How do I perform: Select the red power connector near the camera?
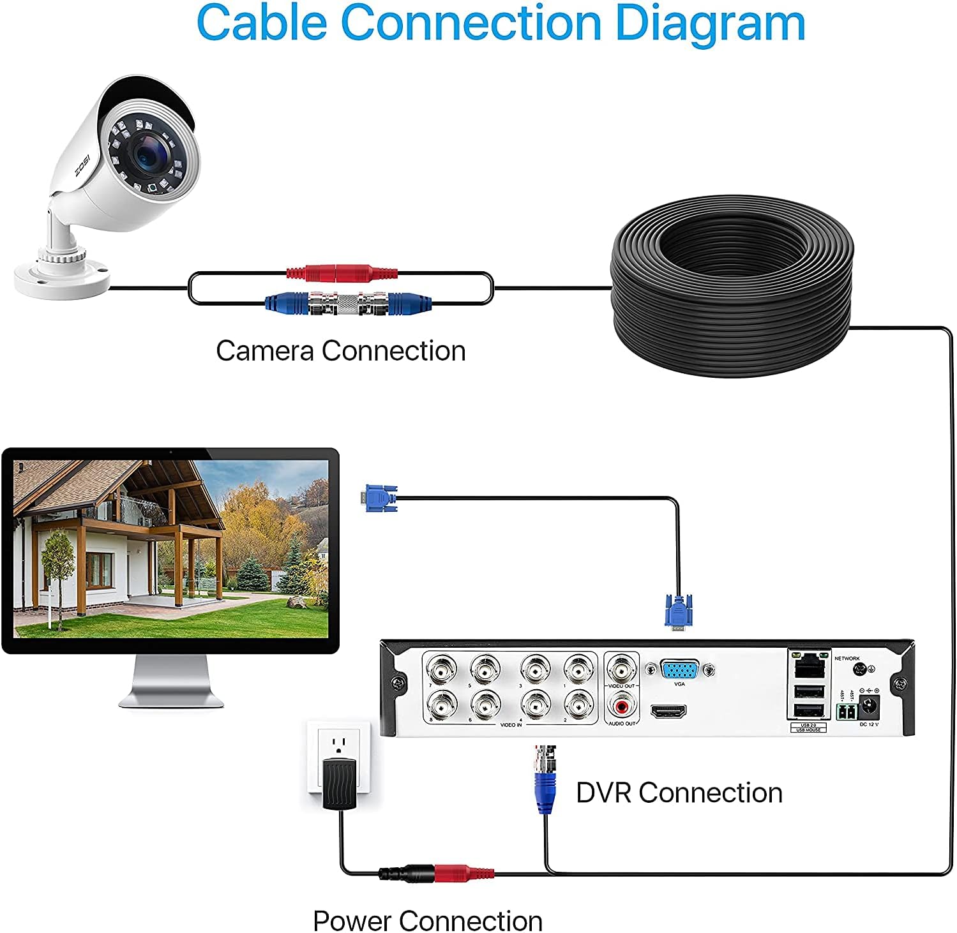pyautogui.click(x=342, y=273)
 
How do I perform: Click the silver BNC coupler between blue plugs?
pyautogui.click(x=348, y=302)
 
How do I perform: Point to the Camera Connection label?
pyautogui.click(x=340, y=351)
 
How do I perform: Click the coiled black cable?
pyautogui.click(x=731, y=287)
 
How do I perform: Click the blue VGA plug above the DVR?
pyautogui.click(x=678, y=611)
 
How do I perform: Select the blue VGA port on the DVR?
pyautogui.click(x=679, y=670)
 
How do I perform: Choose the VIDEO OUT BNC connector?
pyautogui.click(x=621, y=670)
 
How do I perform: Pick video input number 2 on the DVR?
pyautogui.click(x=578, y=705)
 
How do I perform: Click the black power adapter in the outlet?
pyautogui.click(x=339, y=782)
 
